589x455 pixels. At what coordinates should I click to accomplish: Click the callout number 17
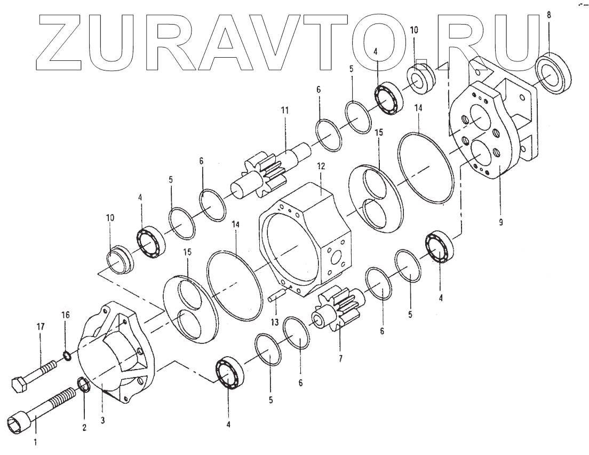[40, 327]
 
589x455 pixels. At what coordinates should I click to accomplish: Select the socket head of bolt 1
[18, 421]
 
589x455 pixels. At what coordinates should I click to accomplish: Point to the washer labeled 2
[84, 386]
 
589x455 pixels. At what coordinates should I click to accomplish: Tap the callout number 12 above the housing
[321, 166]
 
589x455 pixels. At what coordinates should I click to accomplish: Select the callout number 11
[284, 111]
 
